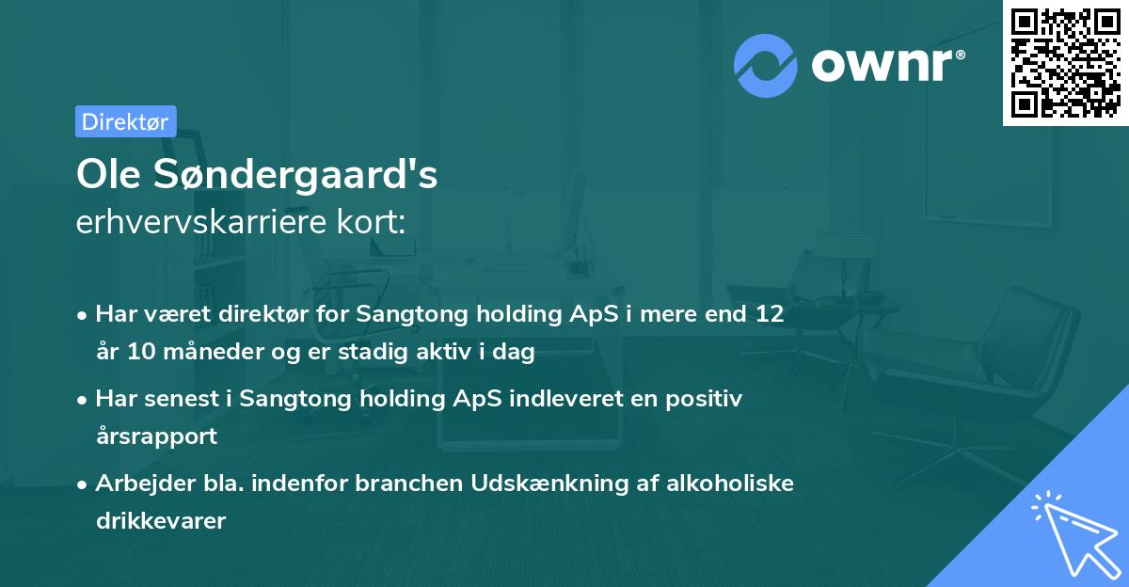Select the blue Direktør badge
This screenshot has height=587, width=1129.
coord(125,121)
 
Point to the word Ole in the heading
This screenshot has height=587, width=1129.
coord(104,176)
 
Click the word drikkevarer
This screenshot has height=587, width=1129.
coord(161,521)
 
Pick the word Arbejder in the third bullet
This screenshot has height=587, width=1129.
coord(138,484)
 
